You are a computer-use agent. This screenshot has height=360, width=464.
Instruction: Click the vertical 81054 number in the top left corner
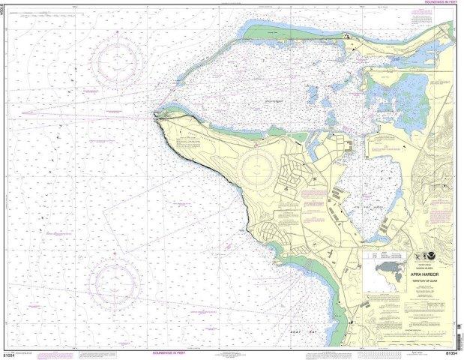pyautogui.click(x=4, y=13)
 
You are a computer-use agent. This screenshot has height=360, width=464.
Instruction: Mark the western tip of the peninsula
pyautogui.click(x=155, y=115)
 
